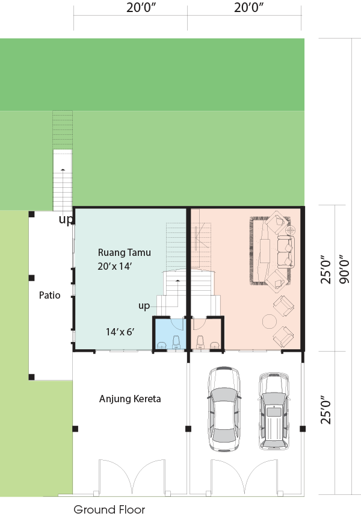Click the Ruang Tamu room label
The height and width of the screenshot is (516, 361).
125,252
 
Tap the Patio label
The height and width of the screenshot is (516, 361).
50,295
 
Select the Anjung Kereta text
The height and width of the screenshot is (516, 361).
130,399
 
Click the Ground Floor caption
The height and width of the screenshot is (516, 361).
109,509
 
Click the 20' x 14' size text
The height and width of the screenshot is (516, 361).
114,266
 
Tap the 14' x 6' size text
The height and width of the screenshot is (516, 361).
120,332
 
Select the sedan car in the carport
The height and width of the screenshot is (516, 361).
224,409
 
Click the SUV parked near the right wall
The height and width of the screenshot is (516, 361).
274,411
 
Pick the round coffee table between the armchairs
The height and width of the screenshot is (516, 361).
270,322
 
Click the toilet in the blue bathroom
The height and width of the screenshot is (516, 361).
176,342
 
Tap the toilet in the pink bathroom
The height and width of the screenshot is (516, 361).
200,342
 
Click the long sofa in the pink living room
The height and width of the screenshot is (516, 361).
285,252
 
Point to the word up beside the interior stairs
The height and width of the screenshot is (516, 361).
144,306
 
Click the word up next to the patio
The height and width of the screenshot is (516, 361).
66,220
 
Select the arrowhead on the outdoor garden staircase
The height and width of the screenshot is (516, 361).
63,169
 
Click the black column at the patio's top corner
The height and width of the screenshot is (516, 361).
31,214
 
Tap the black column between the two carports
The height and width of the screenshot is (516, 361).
188,429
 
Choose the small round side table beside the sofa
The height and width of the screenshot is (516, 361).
290,230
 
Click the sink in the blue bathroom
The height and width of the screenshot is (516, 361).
162,345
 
